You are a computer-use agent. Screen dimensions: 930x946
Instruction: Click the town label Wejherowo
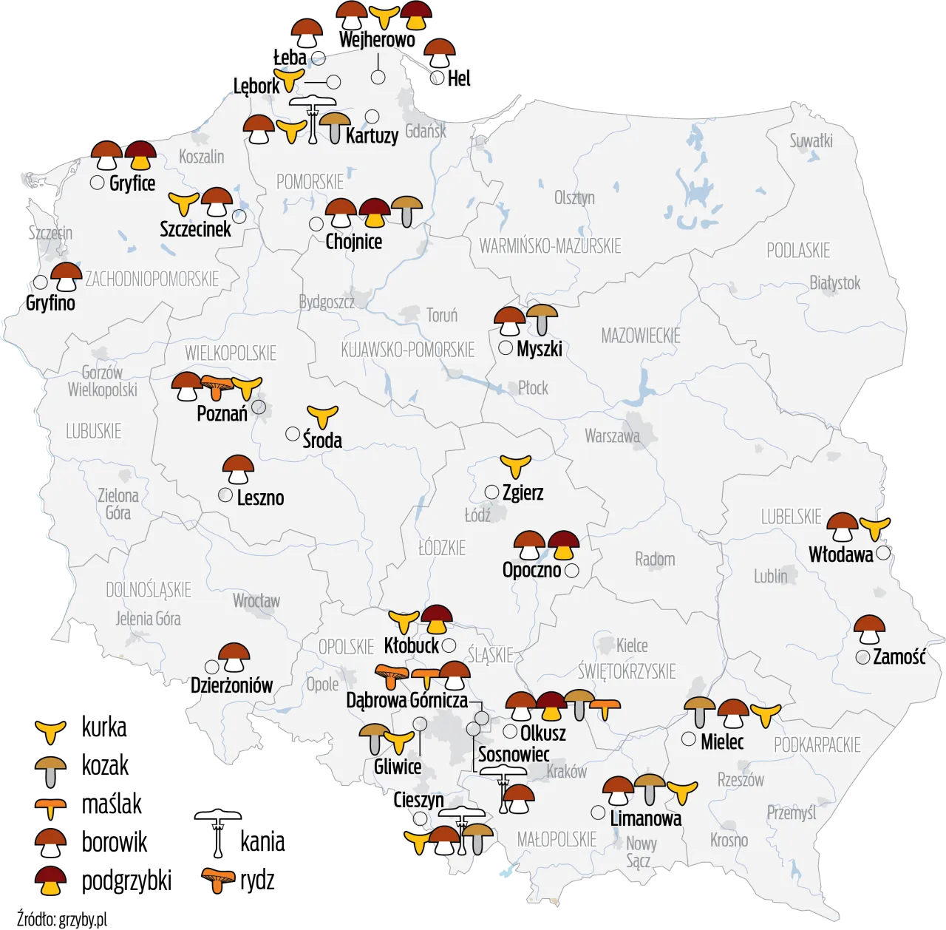pyautogui.click(x=376, y=40)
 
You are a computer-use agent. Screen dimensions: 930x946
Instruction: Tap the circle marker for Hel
pyautogui.click(x=438, y=77)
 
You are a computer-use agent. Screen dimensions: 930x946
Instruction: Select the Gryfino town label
pyautogui.click(x=50, y=302)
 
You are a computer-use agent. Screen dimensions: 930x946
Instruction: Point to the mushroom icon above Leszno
pyautogui.click(x=239, y=469)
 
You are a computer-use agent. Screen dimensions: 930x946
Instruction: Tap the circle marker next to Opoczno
pyautogui.click(x=571, y=571)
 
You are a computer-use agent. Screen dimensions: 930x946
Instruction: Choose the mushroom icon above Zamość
pyautogui.click(x=869, y=631)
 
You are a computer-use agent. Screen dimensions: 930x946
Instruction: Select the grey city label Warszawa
pyautogui.click(x=612, y=435)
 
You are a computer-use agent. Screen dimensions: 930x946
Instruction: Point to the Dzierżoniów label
pyautogui.click(x=231, y=685)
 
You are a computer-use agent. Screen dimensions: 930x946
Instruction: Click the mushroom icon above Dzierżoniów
pyautogui.click(x=235, y=657)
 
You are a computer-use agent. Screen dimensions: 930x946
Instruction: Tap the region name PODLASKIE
pyautogui.click(x=798, y=250)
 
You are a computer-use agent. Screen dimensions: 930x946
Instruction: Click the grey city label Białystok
pyautogui.click(x=835, y=282)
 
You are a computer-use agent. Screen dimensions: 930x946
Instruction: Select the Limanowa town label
pyautogui.click(x=645, y=818)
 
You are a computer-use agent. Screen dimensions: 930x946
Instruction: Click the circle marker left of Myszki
pyautogui.click(x=506, y=347)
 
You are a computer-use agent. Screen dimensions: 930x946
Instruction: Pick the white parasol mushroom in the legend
pyautogui.click(x=218, y=830)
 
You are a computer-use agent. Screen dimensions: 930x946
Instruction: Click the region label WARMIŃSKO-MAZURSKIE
pyautogui.click(x=550, y=245)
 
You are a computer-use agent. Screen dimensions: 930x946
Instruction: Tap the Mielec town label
pyautogui.click(x=722, y=741)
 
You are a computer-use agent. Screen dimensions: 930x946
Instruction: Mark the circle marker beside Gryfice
pyautogui.click(x=97, y=183)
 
